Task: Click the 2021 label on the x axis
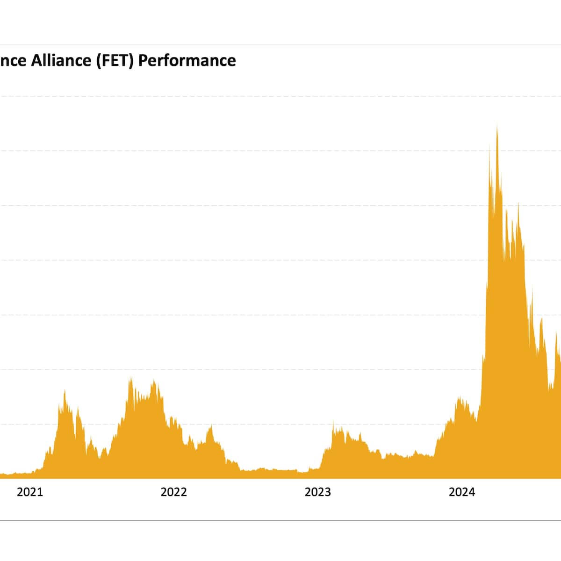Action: tap(29, 492)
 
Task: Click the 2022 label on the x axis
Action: tap(173, 492)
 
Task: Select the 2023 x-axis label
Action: tap(317, 492)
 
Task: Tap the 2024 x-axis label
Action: tap(461, 492)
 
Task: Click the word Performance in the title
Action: tap(187, 61)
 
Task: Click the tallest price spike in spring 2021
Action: tap(65, 391)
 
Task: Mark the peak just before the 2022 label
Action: tap(153, 381)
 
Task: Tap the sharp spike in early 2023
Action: tap(333, 421)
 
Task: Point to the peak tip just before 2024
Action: tap(460, 398)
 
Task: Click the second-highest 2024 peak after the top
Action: tap(518, 205)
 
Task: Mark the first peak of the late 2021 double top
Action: tap(131, 379)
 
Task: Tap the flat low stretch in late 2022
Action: tap(276, 470)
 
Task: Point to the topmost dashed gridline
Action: tap(280, 96)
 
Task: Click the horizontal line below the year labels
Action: tap(280, 520)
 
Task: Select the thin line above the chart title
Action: tap(280, 45)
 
